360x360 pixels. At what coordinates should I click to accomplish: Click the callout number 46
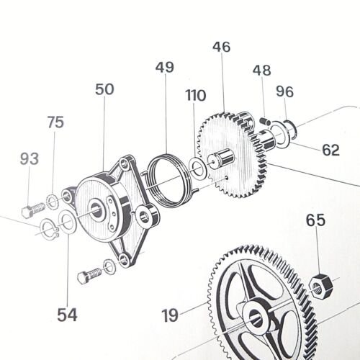pyautogui.click(x=221, y=47)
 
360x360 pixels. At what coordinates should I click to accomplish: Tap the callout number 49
pyautogui.click(x=165, y=67)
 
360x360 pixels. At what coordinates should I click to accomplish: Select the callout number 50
pyautogui.click(x=104, y=89)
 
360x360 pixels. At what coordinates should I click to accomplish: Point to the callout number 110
pyautogui.click(x=196, y=96)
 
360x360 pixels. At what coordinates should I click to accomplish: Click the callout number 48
pyautogui.click(x=262, y=70)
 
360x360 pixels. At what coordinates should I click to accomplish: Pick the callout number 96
pyautogui.click(x=284, y=91)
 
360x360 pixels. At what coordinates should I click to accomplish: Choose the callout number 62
pyautogui.click(x=330, y=150)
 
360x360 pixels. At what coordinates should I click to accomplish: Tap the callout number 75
pyautogui.click(x=55, y=122)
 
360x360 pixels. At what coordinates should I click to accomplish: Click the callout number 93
pyautogui.click(x=30, y=159)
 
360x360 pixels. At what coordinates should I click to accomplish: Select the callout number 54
pyautogui.click(x=68, y=315)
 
